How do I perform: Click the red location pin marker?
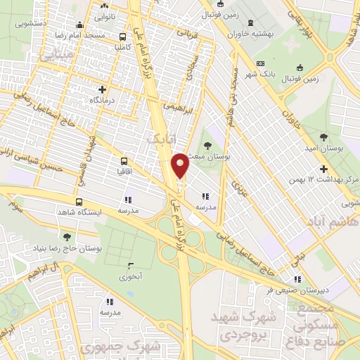pos(181,165)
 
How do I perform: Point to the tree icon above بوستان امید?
pos(323,136)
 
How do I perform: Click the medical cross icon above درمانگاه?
pos(103,89)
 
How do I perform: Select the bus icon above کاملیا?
pos(123,37)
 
